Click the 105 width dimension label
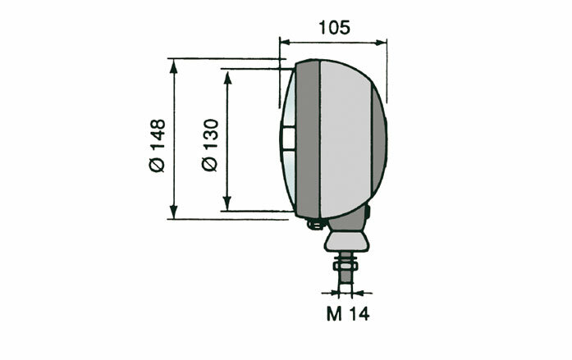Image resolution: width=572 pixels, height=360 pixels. [x=333, y=26]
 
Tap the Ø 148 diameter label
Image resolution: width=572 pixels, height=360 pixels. [x=157, y=146]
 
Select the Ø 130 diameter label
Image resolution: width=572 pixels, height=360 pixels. [x=210, y=146]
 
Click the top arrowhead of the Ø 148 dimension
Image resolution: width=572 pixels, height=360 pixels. [x=174, y=64]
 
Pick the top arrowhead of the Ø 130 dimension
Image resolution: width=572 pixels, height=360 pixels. [x=227, y=74]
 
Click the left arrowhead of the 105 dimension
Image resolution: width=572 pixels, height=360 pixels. [x=285, y=39]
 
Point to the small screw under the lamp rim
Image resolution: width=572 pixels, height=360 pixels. [x=312, y=223]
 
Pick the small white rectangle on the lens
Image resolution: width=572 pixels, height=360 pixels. [x=286, y=139]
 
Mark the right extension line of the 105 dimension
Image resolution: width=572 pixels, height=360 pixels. [x=386, y=74]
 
